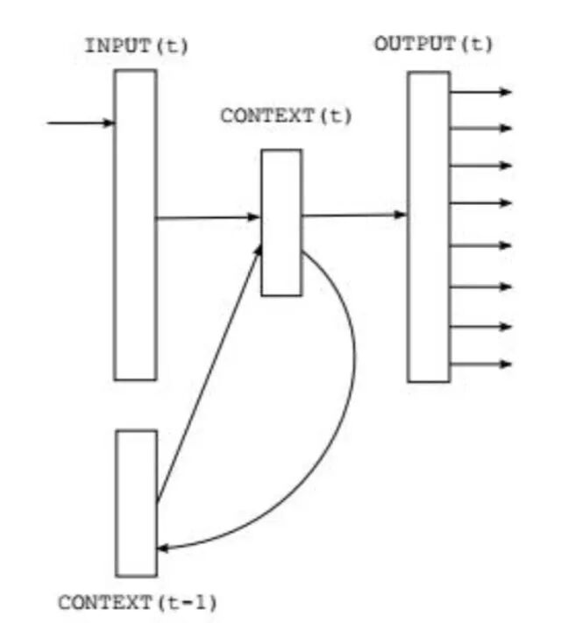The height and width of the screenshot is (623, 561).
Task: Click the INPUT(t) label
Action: tap(136, 46)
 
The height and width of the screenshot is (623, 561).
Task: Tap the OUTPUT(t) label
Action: tap(433, 44)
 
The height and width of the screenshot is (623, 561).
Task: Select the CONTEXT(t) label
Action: tap(286, 115)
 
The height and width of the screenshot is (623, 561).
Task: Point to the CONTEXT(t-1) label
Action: tap(138, 603)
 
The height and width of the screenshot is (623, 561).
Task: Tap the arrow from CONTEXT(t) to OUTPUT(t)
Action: tap(355, 214)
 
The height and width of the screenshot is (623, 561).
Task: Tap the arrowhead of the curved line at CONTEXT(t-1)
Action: tap(164, 548)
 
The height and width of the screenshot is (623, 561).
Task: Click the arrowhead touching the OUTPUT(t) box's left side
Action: tap(401, 214)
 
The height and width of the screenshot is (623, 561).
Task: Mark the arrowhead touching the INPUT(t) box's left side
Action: tap(109, 123)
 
